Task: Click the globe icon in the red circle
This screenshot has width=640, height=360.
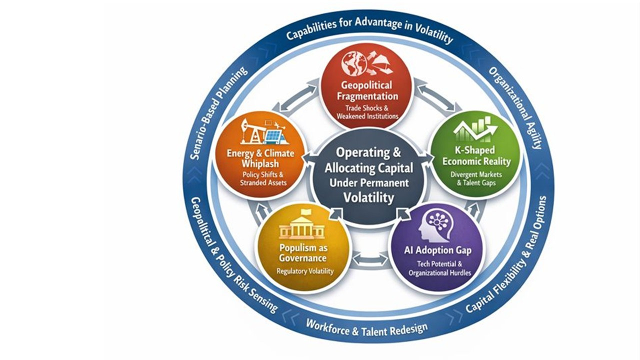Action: (x=351, y=63)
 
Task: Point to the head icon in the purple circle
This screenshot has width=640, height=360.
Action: (x=433, y=225)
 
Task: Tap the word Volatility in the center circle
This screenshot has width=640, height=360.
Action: (x=368, y=197)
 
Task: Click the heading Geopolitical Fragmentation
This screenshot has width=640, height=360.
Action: (x=367, y=90)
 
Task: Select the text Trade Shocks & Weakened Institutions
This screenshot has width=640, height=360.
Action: (x=367, y=112)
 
